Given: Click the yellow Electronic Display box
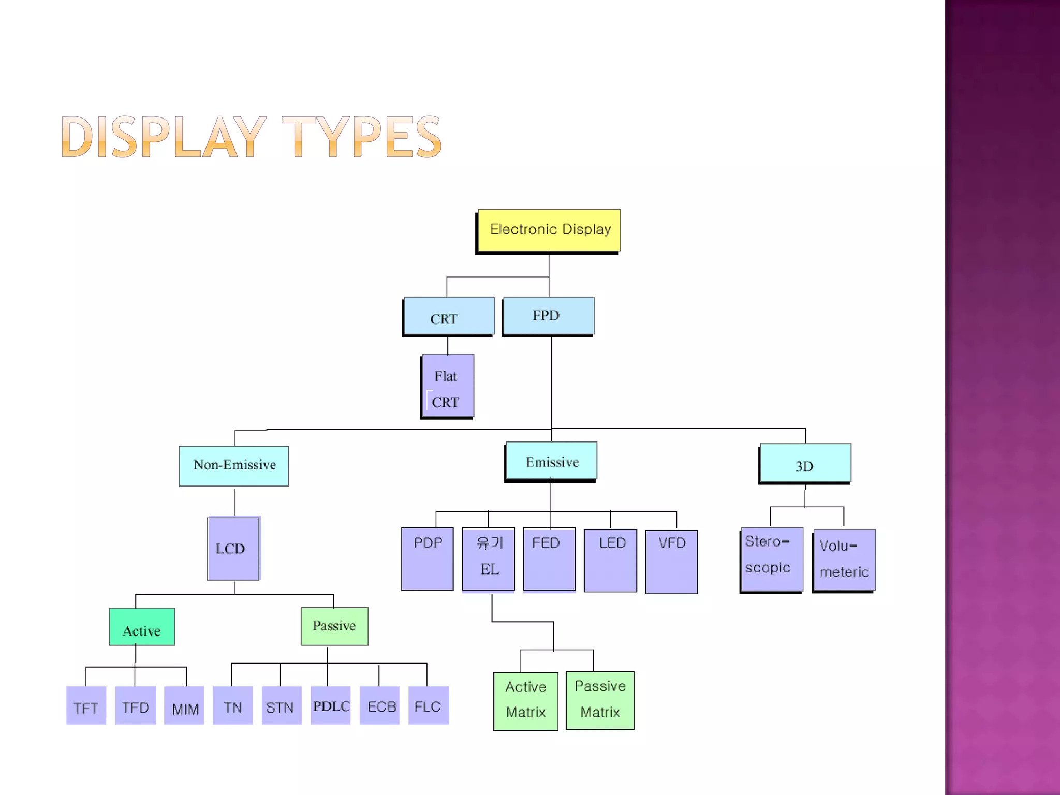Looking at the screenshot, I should [x=549, y=230].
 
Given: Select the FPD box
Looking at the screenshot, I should [x=549, y=316].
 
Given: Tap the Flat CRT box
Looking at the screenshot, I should [x=448, y=386].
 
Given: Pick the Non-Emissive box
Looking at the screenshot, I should [x=234, y=466].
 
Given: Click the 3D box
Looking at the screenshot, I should [x=805, y=464].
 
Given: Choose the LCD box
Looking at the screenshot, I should [x=233, y=549].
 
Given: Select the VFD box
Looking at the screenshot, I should [x=671, y=562].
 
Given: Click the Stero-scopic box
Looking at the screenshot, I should [x=772, y=560].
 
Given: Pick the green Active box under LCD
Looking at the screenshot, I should [x=142, y=627].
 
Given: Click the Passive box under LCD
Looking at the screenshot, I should [x=334, y=626].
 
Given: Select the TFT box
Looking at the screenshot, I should [x=86, y=705].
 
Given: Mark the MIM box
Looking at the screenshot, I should [x=184, y=705].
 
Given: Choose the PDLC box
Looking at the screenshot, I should [x=331, y=705].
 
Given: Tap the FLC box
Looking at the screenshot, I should [x=428, y=705].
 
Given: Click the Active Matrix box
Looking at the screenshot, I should [x=526, y=701].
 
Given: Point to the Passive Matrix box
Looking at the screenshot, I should [x=600, y=700].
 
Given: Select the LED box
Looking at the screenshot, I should [x=611, y=561].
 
